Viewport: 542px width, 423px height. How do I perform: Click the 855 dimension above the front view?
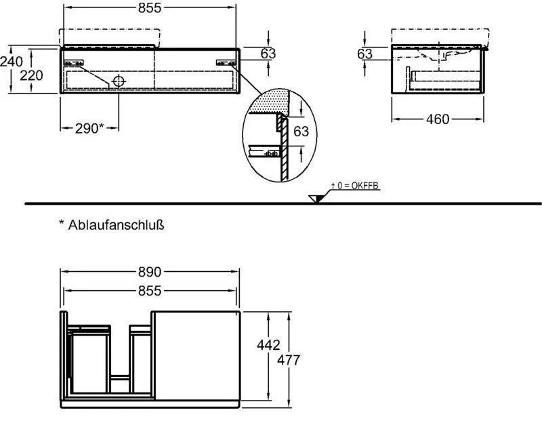(150, 9)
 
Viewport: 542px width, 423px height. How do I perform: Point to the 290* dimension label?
(89, 127)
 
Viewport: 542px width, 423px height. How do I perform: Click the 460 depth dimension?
(437, 119)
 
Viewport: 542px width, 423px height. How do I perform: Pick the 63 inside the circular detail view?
(300, 131)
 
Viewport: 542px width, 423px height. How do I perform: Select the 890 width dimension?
(149, 272)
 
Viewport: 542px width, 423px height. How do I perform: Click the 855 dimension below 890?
(149, 291)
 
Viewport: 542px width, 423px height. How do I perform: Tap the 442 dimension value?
(269, 345)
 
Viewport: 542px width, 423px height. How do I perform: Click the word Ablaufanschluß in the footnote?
(117, 225)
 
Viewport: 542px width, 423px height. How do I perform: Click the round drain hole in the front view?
(119, 81)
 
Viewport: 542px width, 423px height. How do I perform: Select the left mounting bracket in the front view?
(73, 62)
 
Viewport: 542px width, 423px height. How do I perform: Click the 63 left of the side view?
(365, 54)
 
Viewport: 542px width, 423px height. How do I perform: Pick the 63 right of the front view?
(268, 54)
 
